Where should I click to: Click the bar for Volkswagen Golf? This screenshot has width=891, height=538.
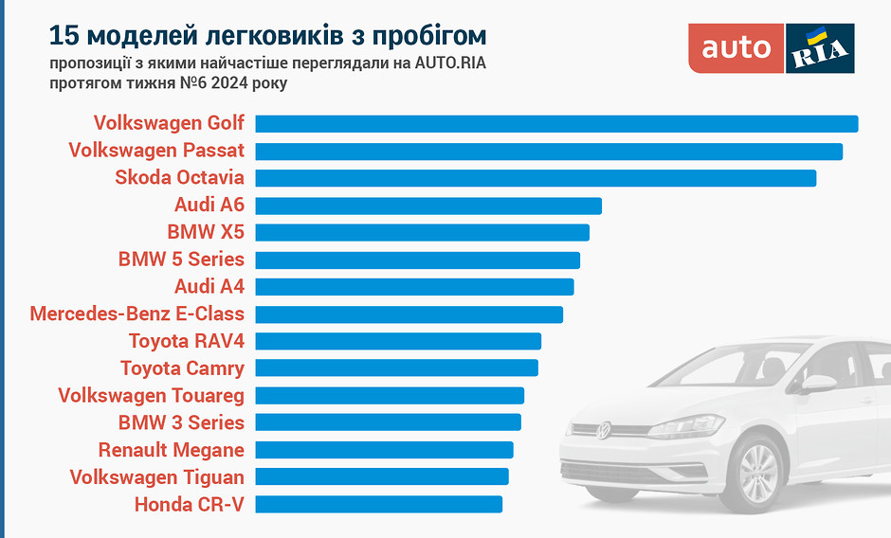tap(556, 124)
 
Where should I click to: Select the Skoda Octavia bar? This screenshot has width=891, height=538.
tap(536, 178)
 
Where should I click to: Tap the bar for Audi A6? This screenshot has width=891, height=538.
tap(428, 206)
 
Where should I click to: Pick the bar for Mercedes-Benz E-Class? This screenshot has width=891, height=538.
tap(409, 314)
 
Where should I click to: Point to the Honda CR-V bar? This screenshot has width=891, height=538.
tap(379, 504)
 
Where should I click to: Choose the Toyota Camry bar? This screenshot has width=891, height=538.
tap(396, 368)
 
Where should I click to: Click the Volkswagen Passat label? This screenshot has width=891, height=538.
tap(156, 151)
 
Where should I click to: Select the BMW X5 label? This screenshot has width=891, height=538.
tap(206, 232)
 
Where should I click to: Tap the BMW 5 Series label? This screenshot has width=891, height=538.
tap(181, 260)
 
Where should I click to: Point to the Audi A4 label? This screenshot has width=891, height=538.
tap(209, 286)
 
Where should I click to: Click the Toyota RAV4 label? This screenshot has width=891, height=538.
tap(187, 341)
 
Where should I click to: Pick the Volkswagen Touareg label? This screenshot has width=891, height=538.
tap(152, 395)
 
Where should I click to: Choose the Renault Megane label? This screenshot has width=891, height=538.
tap(172, 450)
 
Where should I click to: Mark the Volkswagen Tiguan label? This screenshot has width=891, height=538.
tap(157, 477)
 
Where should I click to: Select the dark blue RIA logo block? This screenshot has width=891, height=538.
tap(820, 48)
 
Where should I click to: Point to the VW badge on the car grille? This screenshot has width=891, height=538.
tap(603, 431)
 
